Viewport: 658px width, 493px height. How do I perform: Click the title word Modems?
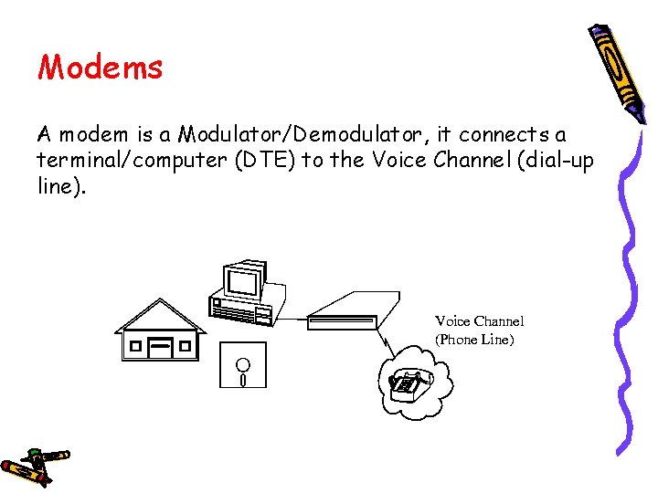pyautogui.click(x=100, y=68)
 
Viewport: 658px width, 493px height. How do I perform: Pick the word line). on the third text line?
pyautogui.click(x=58, y=186)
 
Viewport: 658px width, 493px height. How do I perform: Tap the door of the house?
pyautogui.click(x=161, y=348)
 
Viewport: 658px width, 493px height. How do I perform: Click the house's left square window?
pyautogui.click(x=135, y=347)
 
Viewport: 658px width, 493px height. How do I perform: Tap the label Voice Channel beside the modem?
pyautogui.click(x=479, y=321)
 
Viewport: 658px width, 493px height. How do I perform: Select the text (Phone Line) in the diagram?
pyautogui.click(x=475, y=340)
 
